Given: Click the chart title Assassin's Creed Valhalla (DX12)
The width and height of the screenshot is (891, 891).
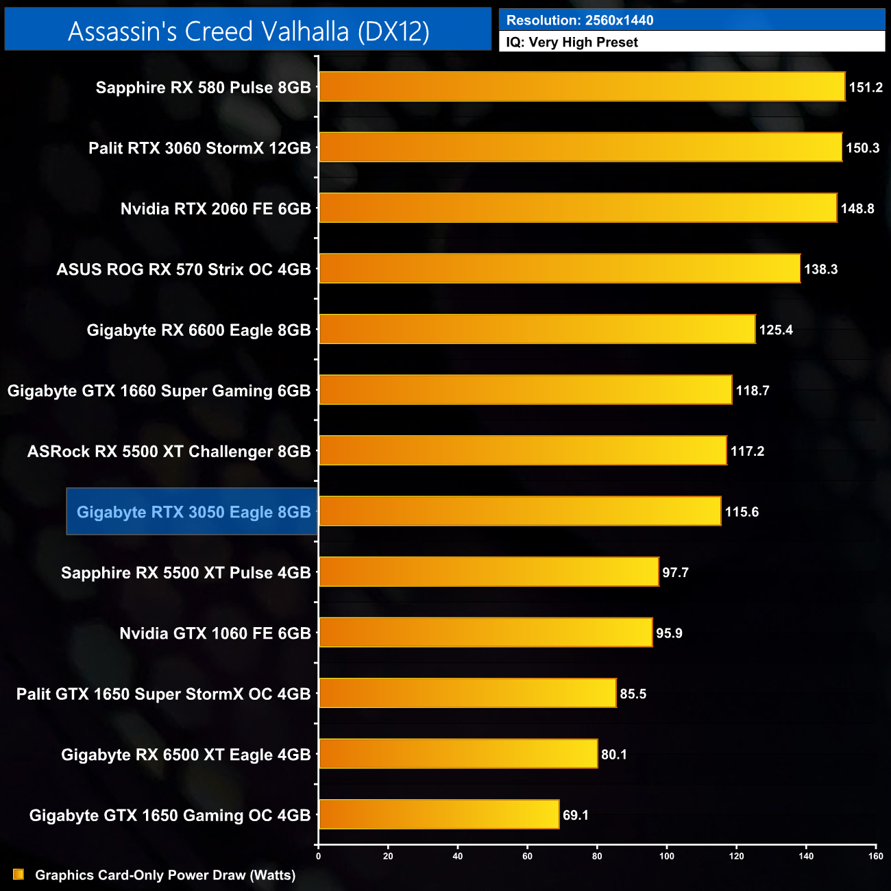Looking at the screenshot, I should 248,31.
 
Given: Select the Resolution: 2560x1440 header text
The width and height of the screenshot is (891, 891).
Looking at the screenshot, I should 580,20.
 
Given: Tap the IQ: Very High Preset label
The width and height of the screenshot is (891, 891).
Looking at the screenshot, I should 572,42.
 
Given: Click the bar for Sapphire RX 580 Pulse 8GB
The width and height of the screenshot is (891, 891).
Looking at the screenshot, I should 582,87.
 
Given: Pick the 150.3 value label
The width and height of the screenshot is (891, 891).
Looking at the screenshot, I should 862,148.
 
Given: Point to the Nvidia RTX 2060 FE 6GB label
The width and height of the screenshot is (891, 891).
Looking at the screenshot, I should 215,209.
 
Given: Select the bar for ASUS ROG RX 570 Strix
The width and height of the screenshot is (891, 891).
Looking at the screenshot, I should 559,269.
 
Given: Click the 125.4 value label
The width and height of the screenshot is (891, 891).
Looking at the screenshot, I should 776,330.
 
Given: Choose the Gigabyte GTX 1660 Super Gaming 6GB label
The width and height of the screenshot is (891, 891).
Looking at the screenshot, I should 159,391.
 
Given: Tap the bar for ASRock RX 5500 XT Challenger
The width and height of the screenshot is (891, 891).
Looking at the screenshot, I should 522,451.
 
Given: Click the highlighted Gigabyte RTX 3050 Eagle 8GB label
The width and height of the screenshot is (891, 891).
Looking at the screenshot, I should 193,512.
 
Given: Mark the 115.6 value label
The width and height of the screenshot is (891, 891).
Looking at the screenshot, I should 742,512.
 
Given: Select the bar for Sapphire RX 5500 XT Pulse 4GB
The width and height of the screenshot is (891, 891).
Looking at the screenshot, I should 489,572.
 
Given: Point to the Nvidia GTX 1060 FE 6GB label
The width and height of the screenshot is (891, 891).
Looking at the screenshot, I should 215,633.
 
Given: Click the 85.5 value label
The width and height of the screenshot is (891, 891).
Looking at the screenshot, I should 633,694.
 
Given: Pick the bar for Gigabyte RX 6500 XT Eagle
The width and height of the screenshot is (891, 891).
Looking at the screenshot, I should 458,754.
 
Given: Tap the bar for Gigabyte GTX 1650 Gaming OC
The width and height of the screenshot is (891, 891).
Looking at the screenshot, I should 439,814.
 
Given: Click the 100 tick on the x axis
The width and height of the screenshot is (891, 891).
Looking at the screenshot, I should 667,856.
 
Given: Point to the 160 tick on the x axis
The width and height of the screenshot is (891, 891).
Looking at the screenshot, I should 875,856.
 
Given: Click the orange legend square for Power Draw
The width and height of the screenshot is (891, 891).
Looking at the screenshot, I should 19,875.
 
